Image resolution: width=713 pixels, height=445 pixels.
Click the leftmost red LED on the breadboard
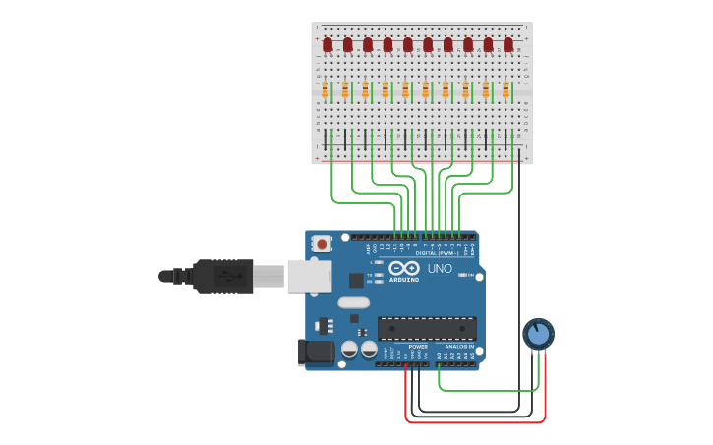[327, 44]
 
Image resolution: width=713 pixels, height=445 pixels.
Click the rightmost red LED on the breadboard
[508, 44]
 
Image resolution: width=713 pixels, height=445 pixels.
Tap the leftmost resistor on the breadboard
[325, 89]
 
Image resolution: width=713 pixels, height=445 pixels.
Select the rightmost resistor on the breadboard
[505, 89]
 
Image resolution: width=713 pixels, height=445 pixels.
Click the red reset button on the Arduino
[321, 243]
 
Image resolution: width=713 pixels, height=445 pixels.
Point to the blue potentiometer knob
[538, 335]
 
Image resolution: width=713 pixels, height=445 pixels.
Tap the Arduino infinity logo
[404, 267]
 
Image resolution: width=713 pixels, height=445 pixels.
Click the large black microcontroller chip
[427, 328]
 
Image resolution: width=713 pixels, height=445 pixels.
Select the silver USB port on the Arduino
[309, 276]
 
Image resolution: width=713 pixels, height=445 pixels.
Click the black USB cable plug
[223, 276]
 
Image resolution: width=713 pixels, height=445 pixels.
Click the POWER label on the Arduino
[418, 347]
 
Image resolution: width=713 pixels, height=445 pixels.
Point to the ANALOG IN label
[457, 347]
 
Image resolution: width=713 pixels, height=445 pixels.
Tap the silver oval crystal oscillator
[353, 303]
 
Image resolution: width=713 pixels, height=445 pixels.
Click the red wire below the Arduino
[472, 422]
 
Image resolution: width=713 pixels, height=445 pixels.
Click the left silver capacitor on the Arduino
[349, 349]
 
